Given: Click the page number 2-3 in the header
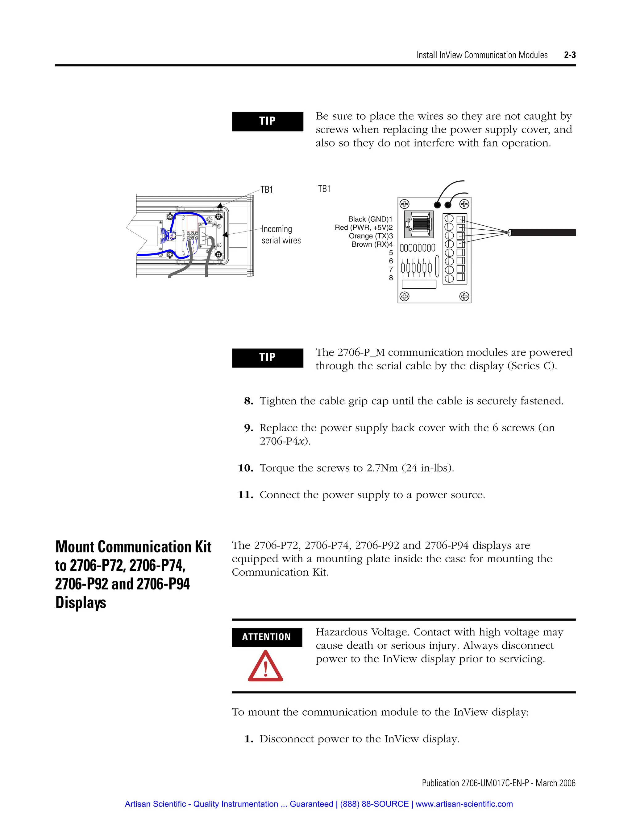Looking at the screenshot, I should pos(569,55).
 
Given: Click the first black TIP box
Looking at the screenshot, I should pos(267,121).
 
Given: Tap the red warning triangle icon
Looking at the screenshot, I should pos(265,667).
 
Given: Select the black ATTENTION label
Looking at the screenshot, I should pos(267,637).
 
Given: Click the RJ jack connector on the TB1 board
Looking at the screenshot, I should pos(418,224).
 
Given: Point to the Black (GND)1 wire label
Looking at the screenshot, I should pos(370,219).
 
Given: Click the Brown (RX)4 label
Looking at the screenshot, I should pos(372,244).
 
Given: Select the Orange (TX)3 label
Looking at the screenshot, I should pos(371,236).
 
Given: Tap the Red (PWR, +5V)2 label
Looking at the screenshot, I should pos(364,228).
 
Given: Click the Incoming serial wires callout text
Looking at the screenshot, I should pos(281,235).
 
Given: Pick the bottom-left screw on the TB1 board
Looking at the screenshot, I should pos(404,296).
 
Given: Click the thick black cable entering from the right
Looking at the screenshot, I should pos(543,233).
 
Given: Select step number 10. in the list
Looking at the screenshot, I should pos(246,468).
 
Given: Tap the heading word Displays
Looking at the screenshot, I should pos(81,603).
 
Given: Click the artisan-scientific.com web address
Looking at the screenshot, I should pos(464,804).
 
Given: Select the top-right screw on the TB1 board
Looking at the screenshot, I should pos(464,204).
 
